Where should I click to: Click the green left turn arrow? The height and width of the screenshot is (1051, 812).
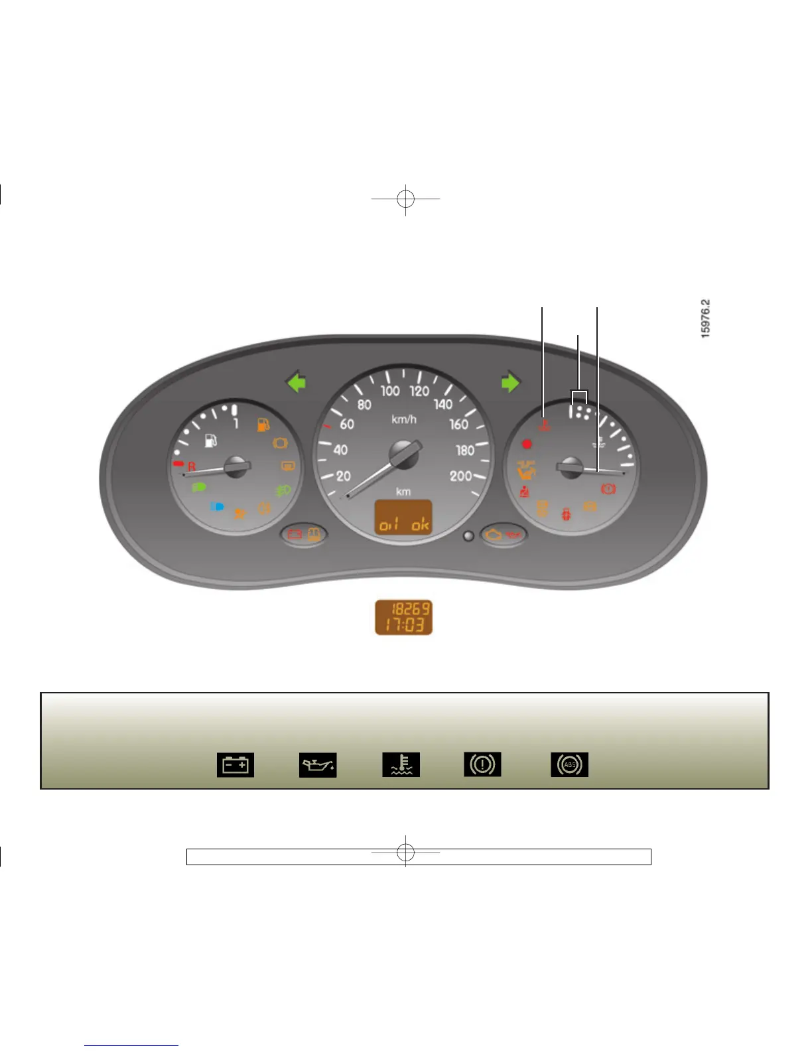(297, 383)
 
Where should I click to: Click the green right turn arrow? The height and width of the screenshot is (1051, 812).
(510, 383)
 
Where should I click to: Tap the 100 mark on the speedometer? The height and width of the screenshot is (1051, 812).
(390, 391)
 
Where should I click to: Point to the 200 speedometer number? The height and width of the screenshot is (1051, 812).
(460, 476)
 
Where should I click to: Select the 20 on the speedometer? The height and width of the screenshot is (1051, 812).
(343, 476)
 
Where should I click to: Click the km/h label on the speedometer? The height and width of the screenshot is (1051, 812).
(403, 419)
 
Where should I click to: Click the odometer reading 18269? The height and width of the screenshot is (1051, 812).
(411, 608)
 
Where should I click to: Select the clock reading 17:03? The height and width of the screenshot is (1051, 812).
(404, 625)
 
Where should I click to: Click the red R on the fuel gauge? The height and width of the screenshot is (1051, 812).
(191, 466)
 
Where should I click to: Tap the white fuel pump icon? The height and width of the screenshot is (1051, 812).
(211, 440)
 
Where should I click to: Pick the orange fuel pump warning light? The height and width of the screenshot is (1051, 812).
(263, 425)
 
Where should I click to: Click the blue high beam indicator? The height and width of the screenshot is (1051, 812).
(217, 506)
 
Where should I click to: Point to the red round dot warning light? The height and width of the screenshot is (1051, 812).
(527, 444)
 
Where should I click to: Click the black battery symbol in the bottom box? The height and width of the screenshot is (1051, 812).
(236, 765)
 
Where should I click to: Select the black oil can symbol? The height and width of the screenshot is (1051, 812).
(318, 765)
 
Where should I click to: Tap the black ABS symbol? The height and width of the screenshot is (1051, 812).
(569, 765)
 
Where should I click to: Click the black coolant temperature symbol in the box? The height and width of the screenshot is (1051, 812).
(401, 765)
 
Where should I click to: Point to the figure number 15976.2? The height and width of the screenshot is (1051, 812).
(705, 318)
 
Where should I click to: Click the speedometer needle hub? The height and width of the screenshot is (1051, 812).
(403, 455)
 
